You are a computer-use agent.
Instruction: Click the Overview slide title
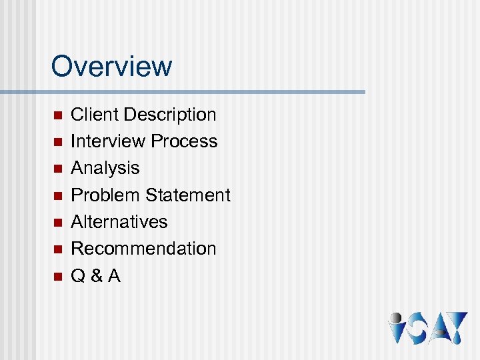(x=111, y=66)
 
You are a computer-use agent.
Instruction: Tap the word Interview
(x=108, y=141)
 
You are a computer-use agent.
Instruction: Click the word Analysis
(x=105, y=168)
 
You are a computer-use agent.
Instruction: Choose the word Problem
(x=105, y=195)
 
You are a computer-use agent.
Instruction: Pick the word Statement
(x=188, y=195)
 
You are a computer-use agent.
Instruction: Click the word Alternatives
(x=119, y=222)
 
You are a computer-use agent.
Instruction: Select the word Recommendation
(x=143, y=249)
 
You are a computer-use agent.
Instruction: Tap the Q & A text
(x=95, y=275)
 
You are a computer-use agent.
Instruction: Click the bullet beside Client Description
(x=57, y=115)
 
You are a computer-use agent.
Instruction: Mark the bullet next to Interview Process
(x=57, y=142)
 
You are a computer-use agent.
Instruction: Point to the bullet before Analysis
(x=57, y=169)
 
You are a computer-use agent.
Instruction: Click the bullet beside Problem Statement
(x=57, y=196)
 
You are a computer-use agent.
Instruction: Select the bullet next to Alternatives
(x=57, y=223)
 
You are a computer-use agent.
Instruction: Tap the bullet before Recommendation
(x=57, y=249)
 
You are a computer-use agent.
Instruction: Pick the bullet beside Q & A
(x=57, y=276)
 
